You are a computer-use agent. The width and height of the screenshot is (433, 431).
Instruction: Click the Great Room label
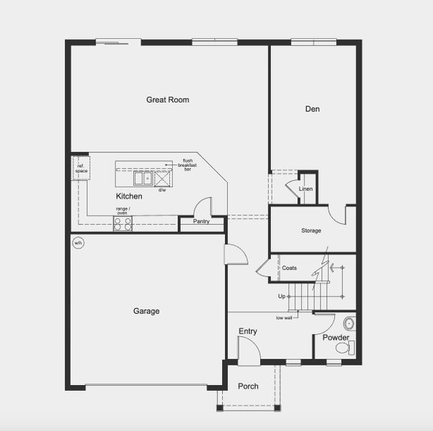(168, 100)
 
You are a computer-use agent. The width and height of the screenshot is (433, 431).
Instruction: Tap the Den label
(312, 109)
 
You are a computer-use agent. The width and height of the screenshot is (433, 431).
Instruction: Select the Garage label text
(146, 311)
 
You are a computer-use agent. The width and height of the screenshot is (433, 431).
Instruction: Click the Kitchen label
(129, 196)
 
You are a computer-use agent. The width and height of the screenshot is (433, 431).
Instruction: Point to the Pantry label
(201, 221)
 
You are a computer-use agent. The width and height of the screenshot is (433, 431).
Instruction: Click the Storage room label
(311, 231)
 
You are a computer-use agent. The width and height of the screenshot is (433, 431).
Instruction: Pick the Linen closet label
(306, 189)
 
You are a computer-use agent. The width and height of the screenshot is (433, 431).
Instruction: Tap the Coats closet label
(290, 268)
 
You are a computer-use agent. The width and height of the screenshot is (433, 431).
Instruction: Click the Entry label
(248, 331)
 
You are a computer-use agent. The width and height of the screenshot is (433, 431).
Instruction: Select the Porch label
(248, 386)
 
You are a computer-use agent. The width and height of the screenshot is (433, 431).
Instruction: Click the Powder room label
(336, 338)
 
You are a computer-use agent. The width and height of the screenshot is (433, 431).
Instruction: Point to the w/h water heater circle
(78, 243)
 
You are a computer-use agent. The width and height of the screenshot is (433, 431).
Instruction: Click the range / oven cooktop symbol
(123, 223)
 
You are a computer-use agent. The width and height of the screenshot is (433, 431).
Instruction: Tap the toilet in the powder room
(343, 348)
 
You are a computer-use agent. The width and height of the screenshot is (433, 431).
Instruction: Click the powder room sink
(348, 323)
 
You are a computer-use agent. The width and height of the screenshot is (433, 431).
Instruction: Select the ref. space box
(81, 169)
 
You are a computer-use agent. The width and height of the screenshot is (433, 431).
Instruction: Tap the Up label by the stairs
(282, 296)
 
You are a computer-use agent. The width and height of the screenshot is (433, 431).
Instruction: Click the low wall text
(284, 318)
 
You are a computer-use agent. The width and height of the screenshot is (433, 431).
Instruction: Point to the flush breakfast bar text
(188, 164)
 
